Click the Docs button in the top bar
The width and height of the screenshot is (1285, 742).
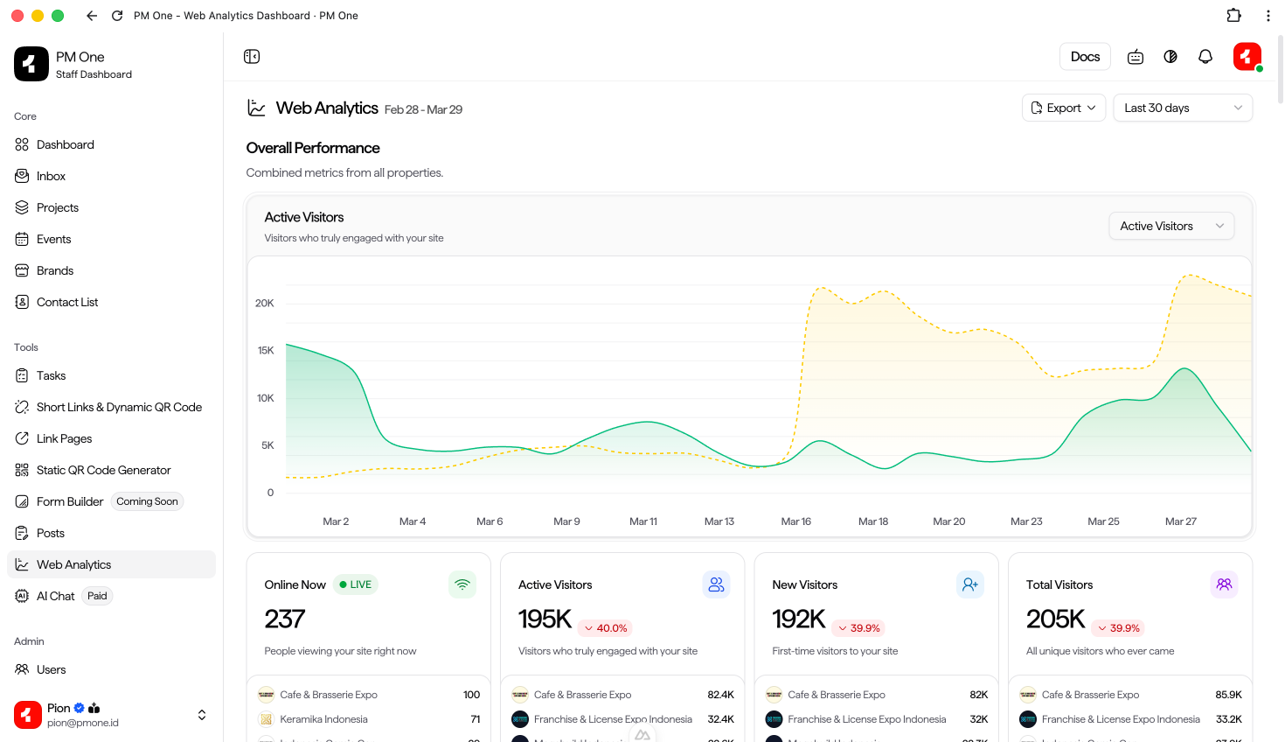point(1085,57)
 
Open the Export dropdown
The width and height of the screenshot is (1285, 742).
point(1063,108)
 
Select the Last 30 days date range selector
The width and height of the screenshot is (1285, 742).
point(1182,108)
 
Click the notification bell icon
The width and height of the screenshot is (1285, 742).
point(1205,57)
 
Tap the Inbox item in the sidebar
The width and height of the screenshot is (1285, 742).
point(51,176)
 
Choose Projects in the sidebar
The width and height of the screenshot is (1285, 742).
point(58,207)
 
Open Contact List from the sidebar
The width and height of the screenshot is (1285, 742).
point(67,302)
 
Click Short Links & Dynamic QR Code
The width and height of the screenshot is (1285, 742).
point(119,407)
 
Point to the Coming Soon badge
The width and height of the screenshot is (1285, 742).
point(147,501)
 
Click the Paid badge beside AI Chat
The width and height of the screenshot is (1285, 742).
point(97,596)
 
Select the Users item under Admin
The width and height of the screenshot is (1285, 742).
point(51,669)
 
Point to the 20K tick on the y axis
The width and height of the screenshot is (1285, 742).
point(264,304)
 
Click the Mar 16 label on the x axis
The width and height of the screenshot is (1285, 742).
point(795,521)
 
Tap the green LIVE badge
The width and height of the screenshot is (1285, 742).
point(356,584)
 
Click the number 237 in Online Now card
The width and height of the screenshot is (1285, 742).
point(285,619)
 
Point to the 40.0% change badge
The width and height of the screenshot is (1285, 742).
point(606,628)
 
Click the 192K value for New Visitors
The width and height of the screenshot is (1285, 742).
point(798,619)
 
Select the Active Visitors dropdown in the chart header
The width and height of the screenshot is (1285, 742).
point(1170,226)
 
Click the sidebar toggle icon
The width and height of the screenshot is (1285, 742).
point(252,57)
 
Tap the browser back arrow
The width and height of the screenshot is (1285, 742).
point(92,16)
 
